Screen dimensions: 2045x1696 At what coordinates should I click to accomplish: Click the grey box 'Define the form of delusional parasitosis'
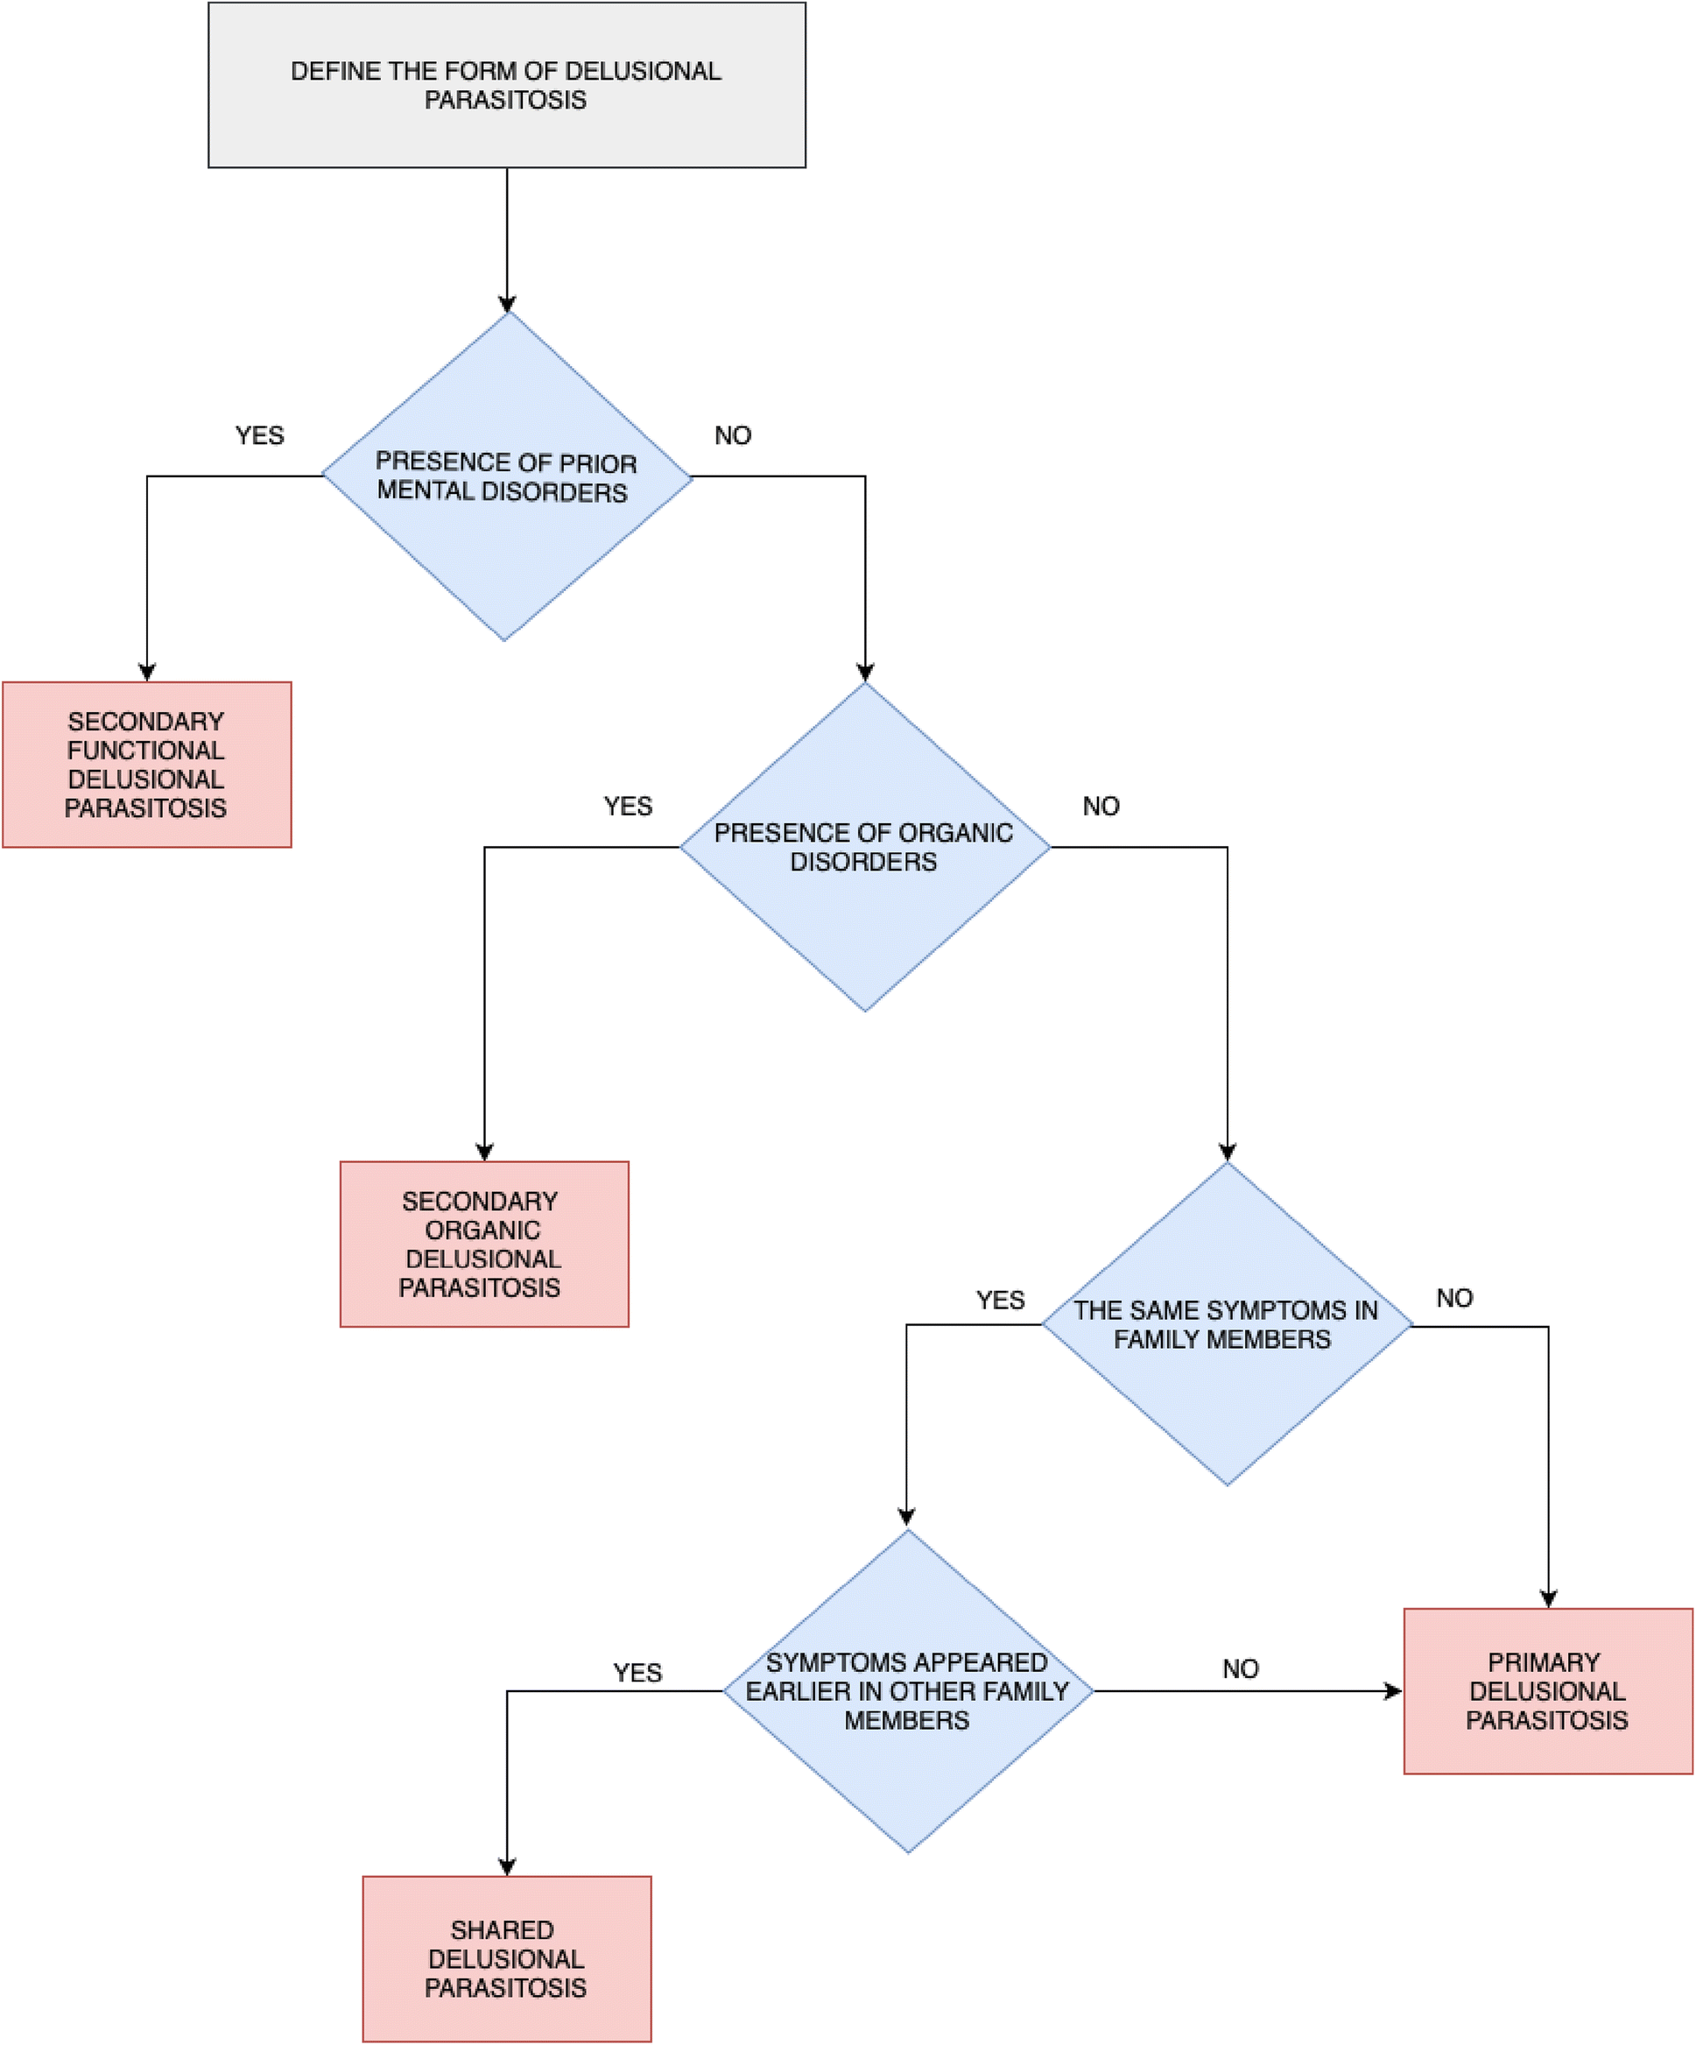pos(506,86)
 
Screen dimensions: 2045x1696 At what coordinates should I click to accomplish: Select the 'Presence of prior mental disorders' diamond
pos(506,476)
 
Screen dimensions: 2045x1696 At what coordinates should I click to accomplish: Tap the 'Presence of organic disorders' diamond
pos(864,846)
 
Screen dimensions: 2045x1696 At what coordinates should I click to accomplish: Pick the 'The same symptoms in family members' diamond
pos(1226,1324)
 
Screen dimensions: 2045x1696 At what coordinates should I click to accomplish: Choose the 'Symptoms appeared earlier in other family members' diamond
pos(907,1691)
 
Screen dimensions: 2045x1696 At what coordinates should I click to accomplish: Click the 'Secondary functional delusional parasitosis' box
pos(146,765)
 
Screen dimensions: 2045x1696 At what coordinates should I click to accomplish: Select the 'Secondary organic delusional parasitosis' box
pos(484,1244)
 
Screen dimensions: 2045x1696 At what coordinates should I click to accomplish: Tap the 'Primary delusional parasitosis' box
pos(1547,1691)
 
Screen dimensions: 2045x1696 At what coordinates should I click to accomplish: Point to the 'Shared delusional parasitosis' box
pos(506,1958)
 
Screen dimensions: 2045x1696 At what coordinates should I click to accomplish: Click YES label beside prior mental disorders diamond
pos(260,435)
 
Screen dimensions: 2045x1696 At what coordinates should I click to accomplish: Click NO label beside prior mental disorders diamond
pos(733,435)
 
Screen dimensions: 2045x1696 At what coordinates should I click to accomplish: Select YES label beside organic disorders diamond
pos(628,807)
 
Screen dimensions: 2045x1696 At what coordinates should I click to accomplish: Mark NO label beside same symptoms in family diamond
pos(1454,1298)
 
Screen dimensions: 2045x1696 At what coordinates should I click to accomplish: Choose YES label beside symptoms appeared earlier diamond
pos(637,1673)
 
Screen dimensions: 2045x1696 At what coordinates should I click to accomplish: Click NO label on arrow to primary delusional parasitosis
pos(1241,1669)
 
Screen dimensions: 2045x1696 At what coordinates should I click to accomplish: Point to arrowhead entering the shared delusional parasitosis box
pos(507,1867)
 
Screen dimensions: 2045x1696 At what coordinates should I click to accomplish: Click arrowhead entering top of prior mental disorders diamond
pos(507,303)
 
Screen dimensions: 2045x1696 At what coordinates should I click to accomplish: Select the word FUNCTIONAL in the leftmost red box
pos(146,751)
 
